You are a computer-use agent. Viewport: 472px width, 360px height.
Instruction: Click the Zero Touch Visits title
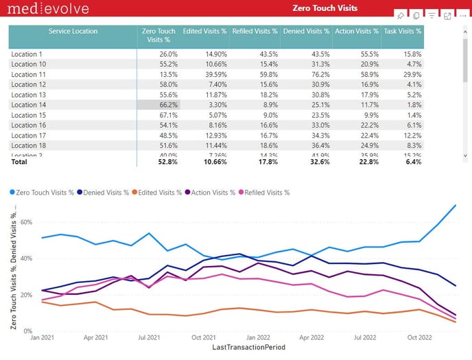tap(324, 8)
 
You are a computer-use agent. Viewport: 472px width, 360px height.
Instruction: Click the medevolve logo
tap(45, 9)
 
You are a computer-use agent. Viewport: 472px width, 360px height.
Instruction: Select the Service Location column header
tap(73, 32)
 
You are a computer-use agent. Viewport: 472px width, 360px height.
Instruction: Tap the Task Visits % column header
tap(403, 32)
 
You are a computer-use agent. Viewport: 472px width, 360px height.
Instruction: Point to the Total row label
tap(20, 162)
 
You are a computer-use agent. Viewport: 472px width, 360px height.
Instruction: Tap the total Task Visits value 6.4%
tap(412, 162)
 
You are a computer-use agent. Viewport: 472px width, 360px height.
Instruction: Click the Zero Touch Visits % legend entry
tap(45, 193)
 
